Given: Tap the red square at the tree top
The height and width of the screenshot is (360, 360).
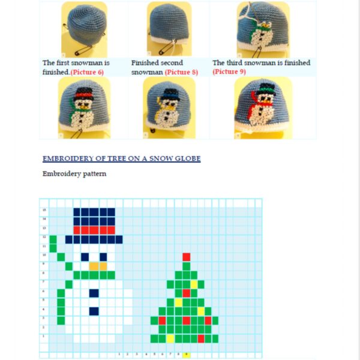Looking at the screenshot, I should pos(186,257).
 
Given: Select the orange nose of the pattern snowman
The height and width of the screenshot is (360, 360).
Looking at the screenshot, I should pos(98,265).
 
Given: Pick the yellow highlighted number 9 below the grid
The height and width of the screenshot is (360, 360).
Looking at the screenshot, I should pos(186,354).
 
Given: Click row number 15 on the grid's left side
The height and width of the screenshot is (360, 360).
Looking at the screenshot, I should pos(44,211).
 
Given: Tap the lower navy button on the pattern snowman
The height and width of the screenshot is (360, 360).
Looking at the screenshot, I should pos(94,311).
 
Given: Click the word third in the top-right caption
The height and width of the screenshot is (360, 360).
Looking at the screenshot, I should pos(234,63).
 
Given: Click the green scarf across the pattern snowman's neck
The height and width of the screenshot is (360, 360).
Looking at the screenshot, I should pos(94,275).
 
